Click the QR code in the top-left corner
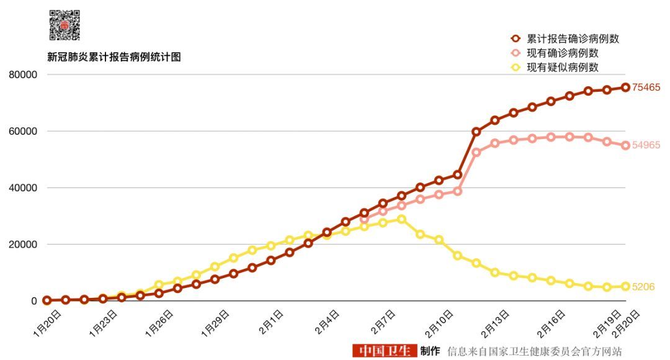click(65, 25)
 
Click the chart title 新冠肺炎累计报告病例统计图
click(114, 57)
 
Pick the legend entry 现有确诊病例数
click(563, 53)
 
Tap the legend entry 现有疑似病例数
click(563, 67)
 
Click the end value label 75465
click(646, 88)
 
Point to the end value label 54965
click(646, 145)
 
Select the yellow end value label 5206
click(643, 287)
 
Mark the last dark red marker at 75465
click(626, 88)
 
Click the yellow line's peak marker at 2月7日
click(401, 219)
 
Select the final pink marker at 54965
click(626, 145)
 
